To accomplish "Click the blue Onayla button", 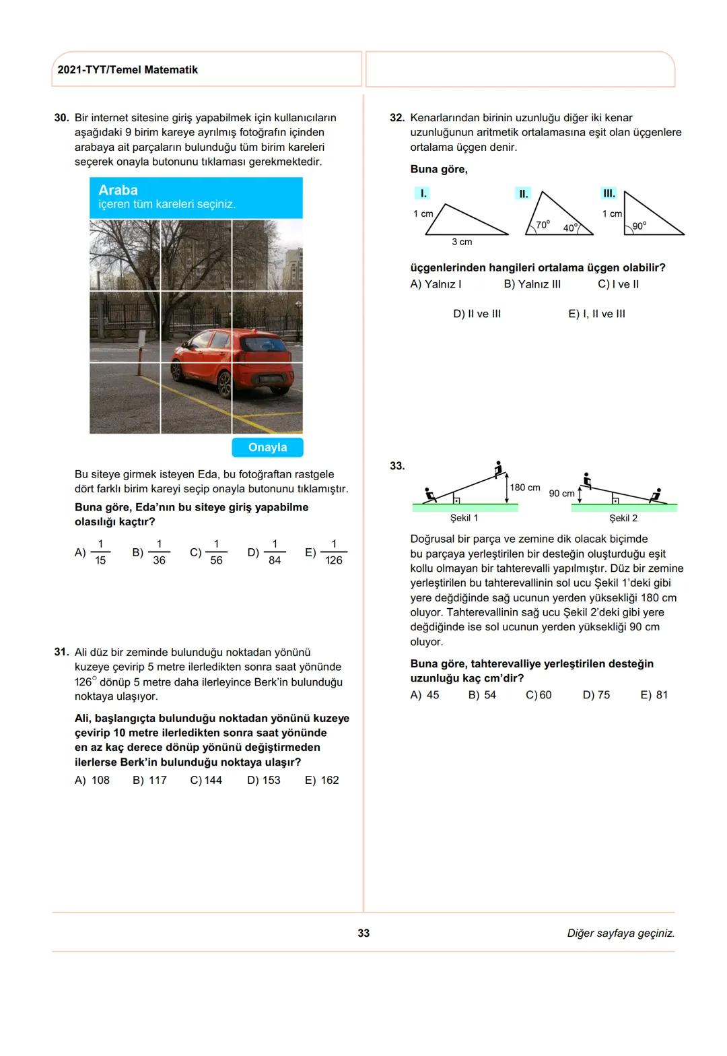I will click(x=267, y=447).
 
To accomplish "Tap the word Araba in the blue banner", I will click(x=118, y=190).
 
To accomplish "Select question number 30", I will click(x=61, y=118).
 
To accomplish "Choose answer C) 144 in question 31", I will click(x=206, y=780).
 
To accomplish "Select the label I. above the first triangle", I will click(x=423, y=193).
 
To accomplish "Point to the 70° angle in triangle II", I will click(x=543, y=224).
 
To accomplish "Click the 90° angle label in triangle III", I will click(x=639, y=226).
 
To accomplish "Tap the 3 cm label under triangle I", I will click(x=462, y=242).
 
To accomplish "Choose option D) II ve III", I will click(x=477, y=314).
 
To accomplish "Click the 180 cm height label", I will click(x=525, y=488).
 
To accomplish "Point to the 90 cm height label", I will click(x=561, y=494).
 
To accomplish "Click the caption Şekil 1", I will click(x=464, y=518).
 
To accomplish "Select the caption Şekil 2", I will click(x=623, y=518).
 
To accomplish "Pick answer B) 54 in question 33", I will click(x=482, y=695).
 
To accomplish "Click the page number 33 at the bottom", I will click(x=363, y=933).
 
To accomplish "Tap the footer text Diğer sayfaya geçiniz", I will click(x=621, y=933).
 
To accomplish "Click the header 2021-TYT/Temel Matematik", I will click(x=128, y=70).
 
